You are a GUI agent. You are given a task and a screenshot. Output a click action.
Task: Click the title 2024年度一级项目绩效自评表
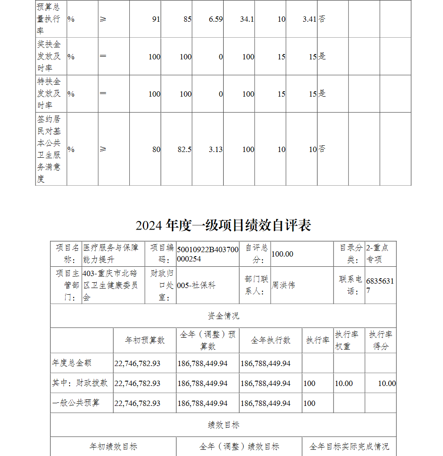pyautogui.click(x=223, y=225)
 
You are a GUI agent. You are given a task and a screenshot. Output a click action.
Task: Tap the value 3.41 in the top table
pyautogui.click(x=309, y=19)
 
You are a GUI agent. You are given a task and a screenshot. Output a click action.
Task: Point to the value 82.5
pyautogui.click(x=184, y=150)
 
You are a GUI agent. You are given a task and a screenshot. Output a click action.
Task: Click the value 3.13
pyautogui.click(x=216, y=150)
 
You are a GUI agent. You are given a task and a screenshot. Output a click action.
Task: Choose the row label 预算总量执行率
pyautogui.click(x=49, y=19)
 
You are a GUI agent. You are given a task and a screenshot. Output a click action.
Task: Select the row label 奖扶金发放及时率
pyautogui.click(x=49, y=57)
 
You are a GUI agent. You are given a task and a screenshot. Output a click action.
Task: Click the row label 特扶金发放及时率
pyautogui.click(x=49, y=94)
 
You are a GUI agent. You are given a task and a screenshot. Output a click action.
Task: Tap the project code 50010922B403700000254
pyautogui.click(x=207, y=254)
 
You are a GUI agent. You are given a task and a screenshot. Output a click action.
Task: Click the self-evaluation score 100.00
pyautogui.click(x=282, y=254)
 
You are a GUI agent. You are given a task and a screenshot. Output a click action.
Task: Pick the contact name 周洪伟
pyautogui.click(x=283, y=285)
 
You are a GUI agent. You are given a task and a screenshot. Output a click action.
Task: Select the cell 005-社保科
pyautogui.click(x=196, y=285)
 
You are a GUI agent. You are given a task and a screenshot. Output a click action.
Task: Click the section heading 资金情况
pyautogui.click(x=223, y=316)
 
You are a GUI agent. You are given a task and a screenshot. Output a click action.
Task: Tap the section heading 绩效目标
pyautogui.click(x=223, y=425)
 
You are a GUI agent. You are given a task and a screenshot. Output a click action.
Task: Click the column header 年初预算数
pyautogui.click(x=145, y=340)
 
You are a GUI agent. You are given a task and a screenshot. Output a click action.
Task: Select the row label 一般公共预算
pyautogui.click(x=76, y=403)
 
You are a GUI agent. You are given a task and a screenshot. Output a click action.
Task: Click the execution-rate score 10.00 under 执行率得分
pyautogui.click(x=387, y=383)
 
